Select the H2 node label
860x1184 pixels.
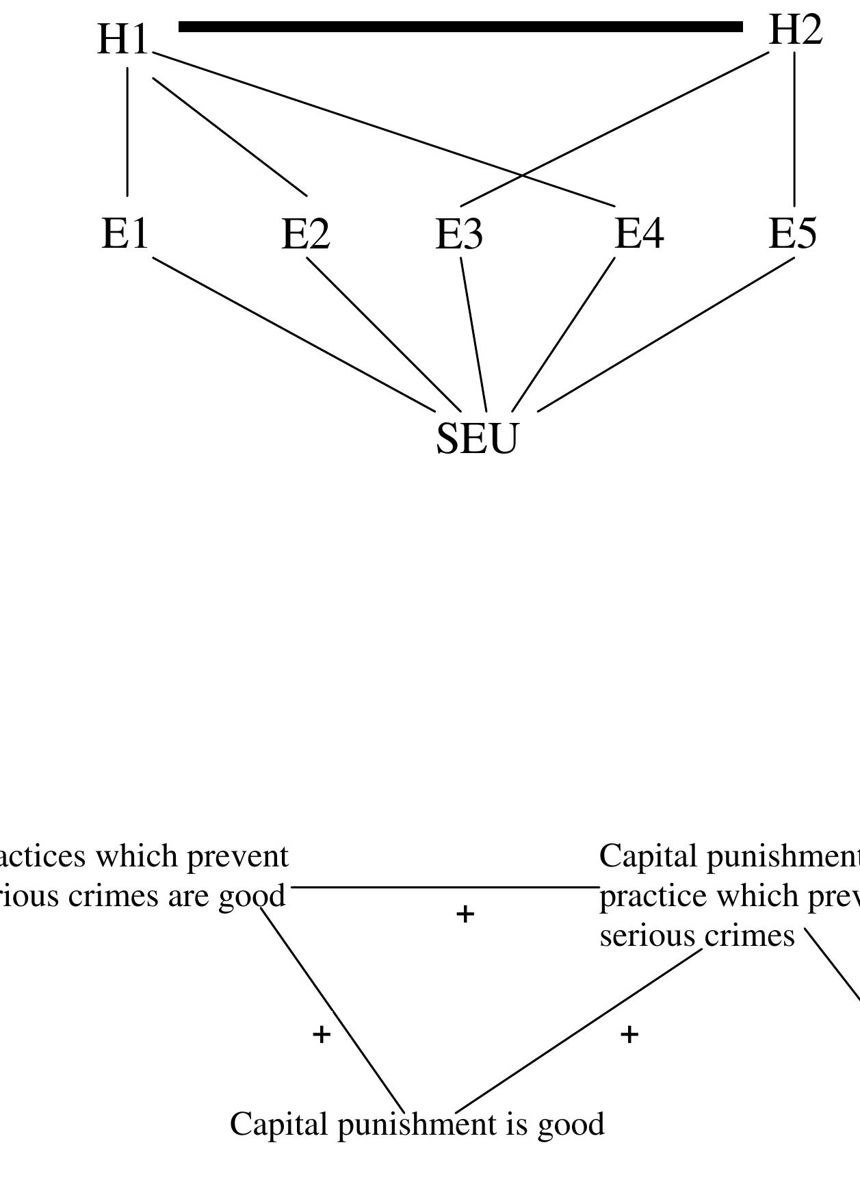tap(795, 31)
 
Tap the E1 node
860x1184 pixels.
tap(125, 234)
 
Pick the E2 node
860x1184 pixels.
tap(306, 234)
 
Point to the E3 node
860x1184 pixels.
tap(460, 234)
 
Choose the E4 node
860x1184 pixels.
tap(639, 234)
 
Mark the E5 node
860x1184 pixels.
tap(793, 234)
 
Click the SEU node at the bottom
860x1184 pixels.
tap(478, 438)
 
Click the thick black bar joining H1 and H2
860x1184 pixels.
tap(460, 27)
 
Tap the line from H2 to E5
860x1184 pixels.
tap(794, 129)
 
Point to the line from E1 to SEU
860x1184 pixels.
tap(294, 335)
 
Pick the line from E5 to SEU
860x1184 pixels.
tap(666, 335)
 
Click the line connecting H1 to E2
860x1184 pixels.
tap(229, 137)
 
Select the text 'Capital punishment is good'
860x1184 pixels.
tap(417, 1124)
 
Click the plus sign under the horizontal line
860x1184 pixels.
tap(465, 914)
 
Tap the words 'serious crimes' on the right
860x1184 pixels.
tap(697, 936)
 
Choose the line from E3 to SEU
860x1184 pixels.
tap(473, 334)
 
